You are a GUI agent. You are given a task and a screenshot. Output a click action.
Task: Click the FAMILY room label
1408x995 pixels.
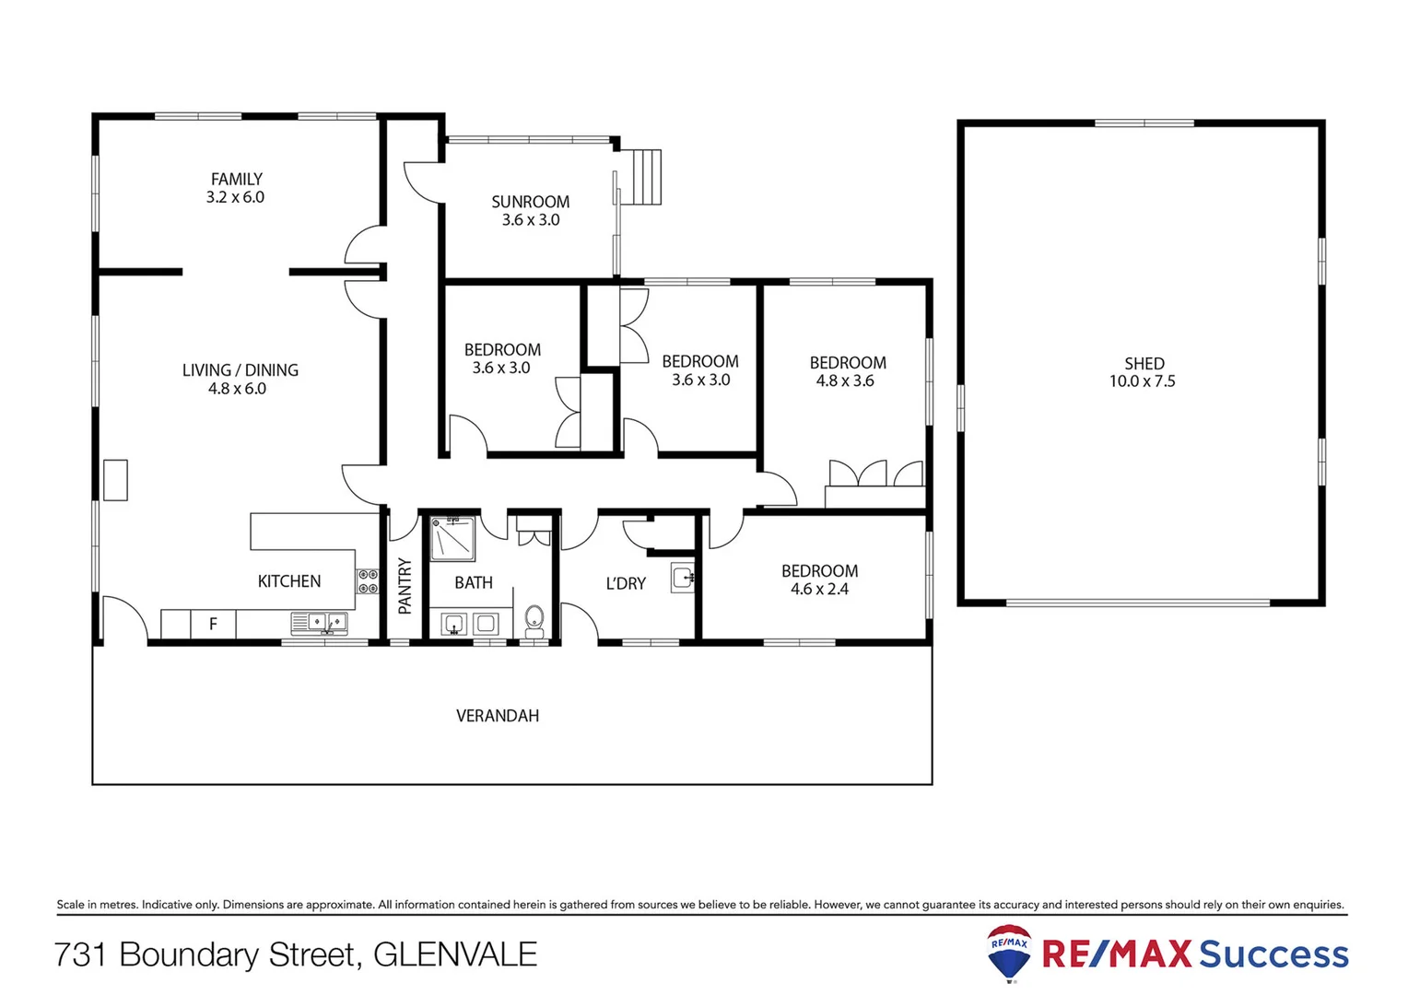tap(237, 180)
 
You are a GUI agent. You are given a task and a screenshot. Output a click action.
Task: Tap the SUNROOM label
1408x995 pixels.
tap(530, 202)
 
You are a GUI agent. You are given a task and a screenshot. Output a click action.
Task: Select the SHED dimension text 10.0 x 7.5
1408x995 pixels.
tap(1142, 381)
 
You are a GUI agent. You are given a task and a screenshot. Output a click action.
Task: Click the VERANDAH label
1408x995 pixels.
tap(498, 716)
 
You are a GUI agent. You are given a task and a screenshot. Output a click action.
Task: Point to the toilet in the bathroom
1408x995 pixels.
tap(534, 621)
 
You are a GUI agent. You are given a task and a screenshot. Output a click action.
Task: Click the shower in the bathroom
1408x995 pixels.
tap(452, 539)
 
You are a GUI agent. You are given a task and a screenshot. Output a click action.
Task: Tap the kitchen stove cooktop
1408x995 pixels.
tap(368, 581)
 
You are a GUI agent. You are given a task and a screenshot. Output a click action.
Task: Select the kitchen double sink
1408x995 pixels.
tap(319, 624)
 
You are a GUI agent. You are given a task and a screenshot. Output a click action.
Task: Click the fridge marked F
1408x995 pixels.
tap(213, 624)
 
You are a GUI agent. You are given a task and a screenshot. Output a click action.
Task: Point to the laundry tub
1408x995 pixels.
tap(683, 578)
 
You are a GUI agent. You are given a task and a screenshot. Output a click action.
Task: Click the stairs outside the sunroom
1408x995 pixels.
tap(645, 177)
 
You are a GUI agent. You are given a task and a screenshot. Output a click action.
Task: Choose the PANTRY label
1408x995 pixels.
tap(405, 586)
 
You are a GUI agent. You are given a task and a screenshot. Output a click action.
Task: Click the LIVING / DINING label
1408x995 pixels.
tap(240, 370)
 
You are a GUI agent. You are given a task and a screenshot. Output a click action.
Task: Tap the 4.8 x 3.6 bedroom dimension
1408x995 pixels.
tap(845, 380)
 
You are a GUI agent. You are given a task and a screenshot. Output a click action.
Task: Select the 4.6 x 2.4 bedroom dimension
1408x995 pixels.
tap(819, 589)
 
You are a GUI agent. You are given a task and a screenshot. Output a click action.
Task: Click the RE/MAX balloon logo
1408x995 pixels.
tap(1009, 953)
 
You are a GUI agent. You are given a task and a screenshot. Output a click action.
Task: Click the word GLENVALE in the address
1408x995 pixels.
tap(455, 954)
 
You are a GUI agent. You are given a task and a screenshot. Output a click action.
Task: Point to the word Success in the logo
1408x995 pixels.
tap(1273, 954)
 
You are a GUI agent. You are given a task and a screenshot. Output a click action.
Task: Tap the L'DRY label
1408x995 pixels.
tap(626, 583)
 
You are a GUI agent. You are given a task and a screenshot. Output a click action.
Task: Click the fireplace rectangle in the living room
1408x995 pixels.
tap(115, 480)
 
